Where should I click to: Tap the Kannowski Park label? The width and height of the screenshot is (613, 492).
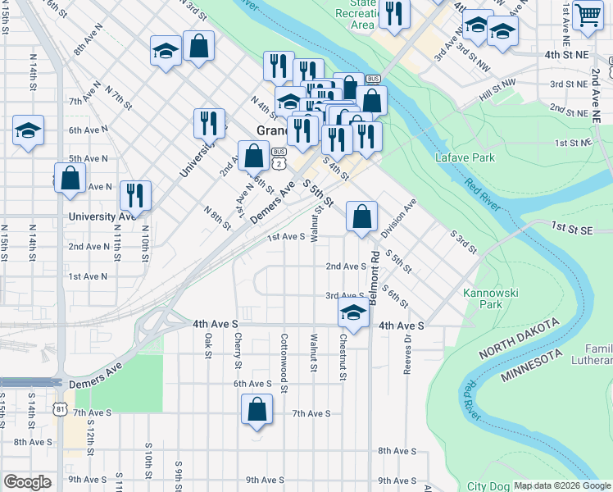pos(482,298)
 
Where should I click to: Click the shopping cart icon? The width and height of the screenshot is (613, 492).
pos(588,16)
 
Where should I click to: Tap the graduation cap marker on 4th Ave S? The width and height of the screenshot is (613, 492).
pos(353,312)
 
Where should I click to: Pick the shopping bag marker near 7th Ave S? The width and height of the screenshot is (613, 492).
pos(257,409)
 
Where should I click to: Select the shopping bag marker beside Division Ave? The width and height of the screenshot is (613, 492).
pos(361,216)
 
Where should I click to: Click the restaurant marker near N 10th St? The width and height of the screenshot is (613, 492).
pos(135,195)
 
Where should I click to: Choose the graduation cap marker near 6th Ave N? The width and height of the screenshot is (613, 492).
pos(28,130)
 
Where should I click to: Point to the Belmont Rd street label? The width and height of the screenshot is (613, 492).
pos(374,279)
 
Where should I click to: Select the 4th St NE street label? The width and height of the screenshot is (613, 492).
pos(565,54)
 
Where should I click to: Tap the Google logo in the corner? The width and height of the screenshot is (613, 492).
pos(27,482)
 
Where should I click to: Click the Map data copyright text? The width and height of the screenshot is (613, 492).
pos(562,485)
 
